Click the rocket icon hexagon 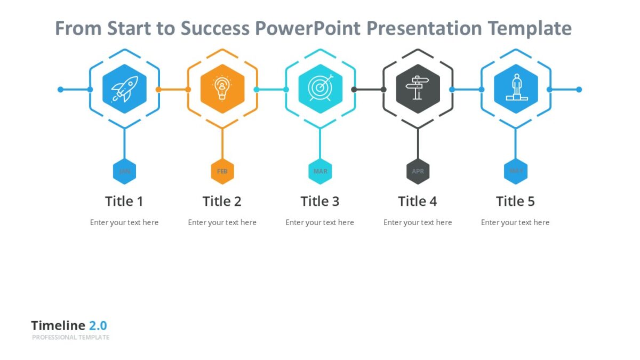[124, 89]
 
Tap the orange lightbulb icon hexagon [222, 89]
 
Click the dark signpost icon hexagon [418, 89]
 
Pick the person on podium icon [516, 89]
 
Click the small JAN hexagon [124, 171]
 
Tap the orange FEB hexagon [222, 171]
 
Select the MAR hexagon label [320, 171]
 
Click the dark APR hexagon [418, 171]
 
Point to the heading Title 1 [124, 201]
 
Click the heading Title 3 [320, 201]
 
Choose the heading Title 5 [516, 201]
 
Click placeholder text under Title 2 [222, 222]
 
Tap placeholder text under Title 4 [418, 222]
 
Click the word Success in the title [214, 28]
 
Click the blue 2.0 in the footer [98, 325]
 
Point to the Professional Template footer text [70, 338]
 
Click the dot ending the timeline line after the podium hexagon [579, 90]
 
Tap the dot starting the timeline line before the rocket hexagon [60, 90]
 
